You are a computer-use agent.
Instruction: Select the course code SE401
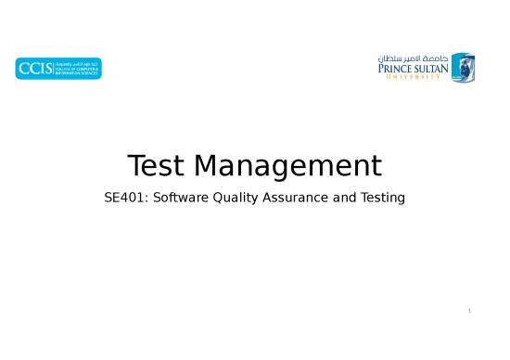(118, 198)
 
